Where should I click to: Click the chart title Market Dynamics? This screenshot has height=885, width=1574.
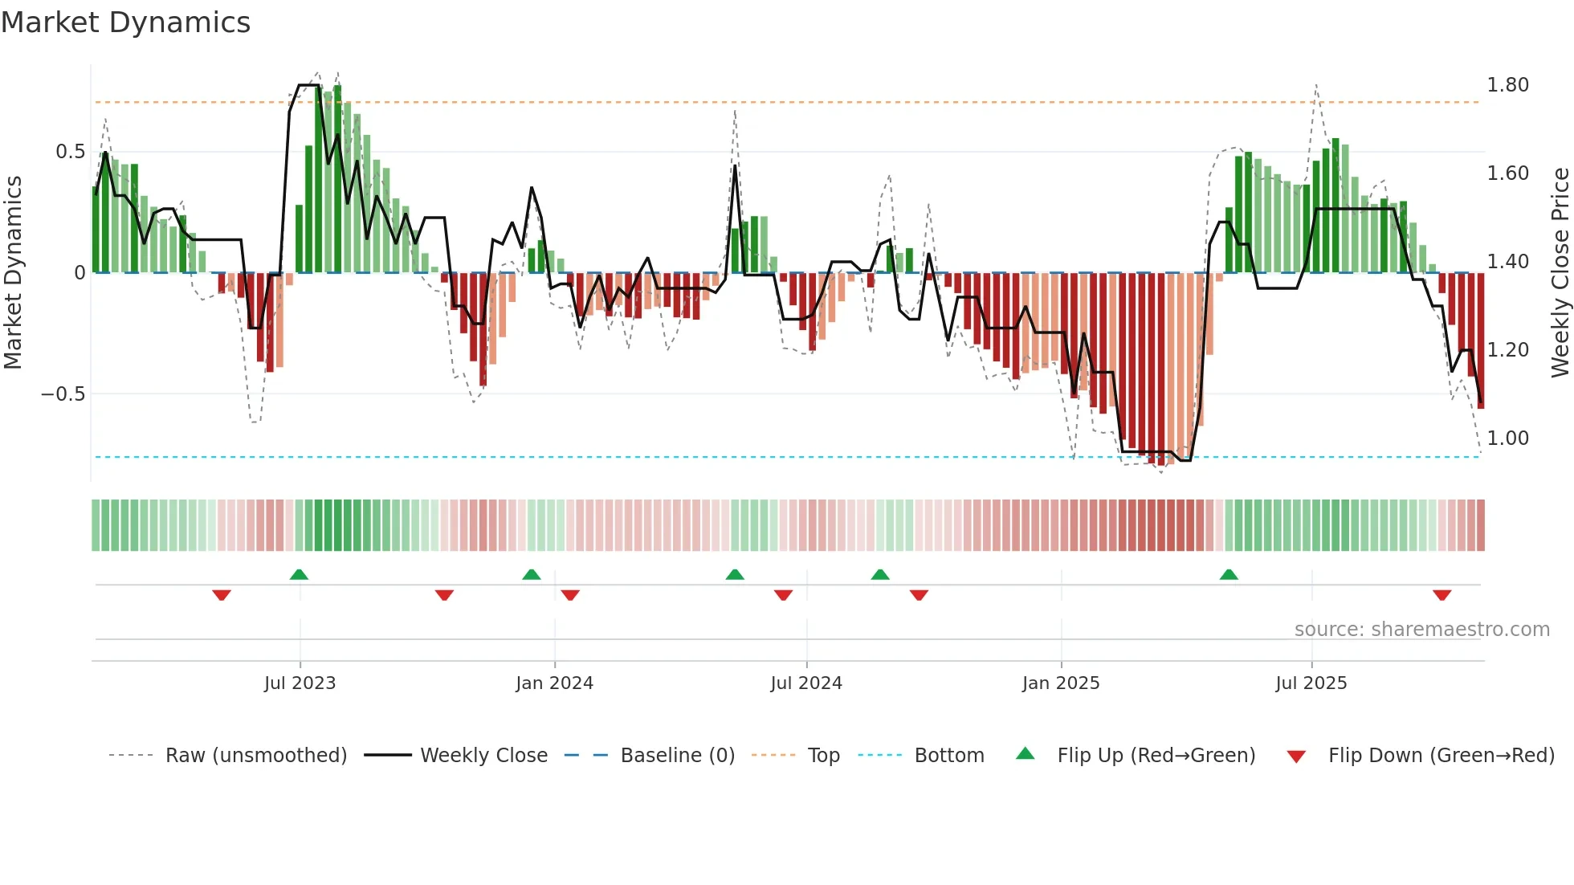pos(125,22)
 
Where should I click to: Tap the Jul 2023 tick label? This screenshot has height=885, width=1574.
pos(300,683)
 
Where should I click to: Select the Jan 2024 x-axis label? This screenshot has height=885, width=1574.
pos(554,683)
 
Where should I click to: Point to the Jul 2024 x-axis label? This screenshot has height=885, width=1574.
pos(806,683)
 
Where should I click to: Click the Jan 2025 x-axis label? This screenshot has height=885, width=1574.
pos(1061,683)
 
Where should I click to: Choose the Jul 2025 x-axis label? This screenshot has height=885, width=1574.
pos(1311,683)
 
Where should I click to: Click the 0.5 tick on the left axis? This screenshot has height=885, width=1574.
pos(70,152)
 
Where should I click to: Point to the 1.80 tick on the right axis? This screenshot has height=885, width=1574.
pos(1507,85)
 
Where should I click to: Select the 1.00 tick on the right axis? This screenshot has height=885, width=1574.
pos(1507,438)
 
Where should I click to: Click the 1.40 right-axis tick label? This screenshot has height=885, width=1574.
pos(1507,262)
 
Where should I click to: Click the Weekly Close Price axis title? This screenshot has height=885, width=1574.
pos(1560,272)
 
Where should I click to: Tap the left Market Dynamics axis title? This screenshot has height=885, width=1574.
pos(13,272)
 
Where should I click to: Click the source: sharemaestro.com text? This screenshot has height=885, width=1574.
pos(1421,630)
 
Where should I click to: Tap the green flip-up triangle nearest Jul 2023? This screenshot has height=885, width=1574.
pos(299,574)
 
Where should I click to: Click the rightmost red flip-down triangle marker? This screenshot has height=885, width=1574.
pos(1441,595)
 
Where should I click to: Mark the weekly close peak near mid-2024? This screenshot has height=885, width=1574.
pos(735,166)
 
